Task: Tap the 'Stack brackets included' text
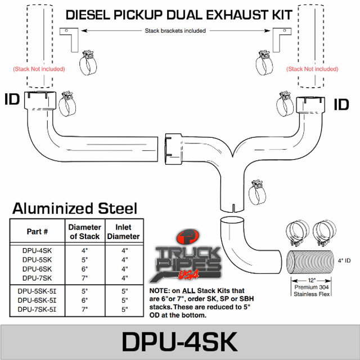coord(175,31)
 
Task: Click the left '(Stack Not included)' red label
coord(39,69)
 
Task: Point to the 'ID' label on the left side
coord(12,100)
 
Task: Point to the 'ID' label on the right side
coord(341,104)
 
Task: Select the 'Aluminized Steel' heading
coord(75,209)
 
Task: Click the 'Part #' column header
coord(37,232)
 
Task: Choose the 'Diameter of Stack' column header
coord(85,232)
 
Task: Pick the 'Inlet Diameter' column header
coord(124,232)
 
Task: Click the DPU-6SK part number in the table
coord(37,268)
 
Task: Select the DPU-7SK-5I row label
coord(37,309)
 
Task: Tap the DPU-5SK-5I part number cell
coord(37,291)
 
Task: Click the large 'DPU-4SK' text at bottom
coord(180,341)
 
